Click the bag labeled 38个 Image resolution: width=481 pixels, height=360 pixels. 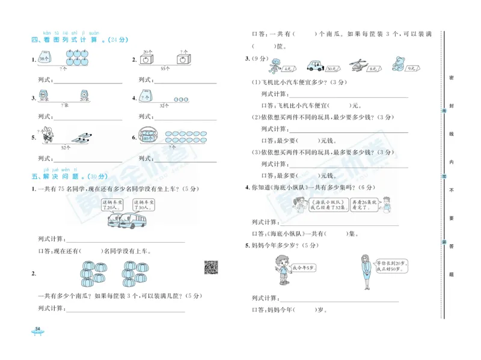click(x=44, y=58)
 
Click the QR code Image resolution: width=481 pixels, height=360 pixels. click(x=211, y=267)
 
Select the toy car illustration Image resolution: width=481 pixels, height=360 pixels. click(x=316, y=65)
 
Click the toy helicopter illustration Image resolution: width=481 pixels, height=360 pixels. click(x=357, y=64)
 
